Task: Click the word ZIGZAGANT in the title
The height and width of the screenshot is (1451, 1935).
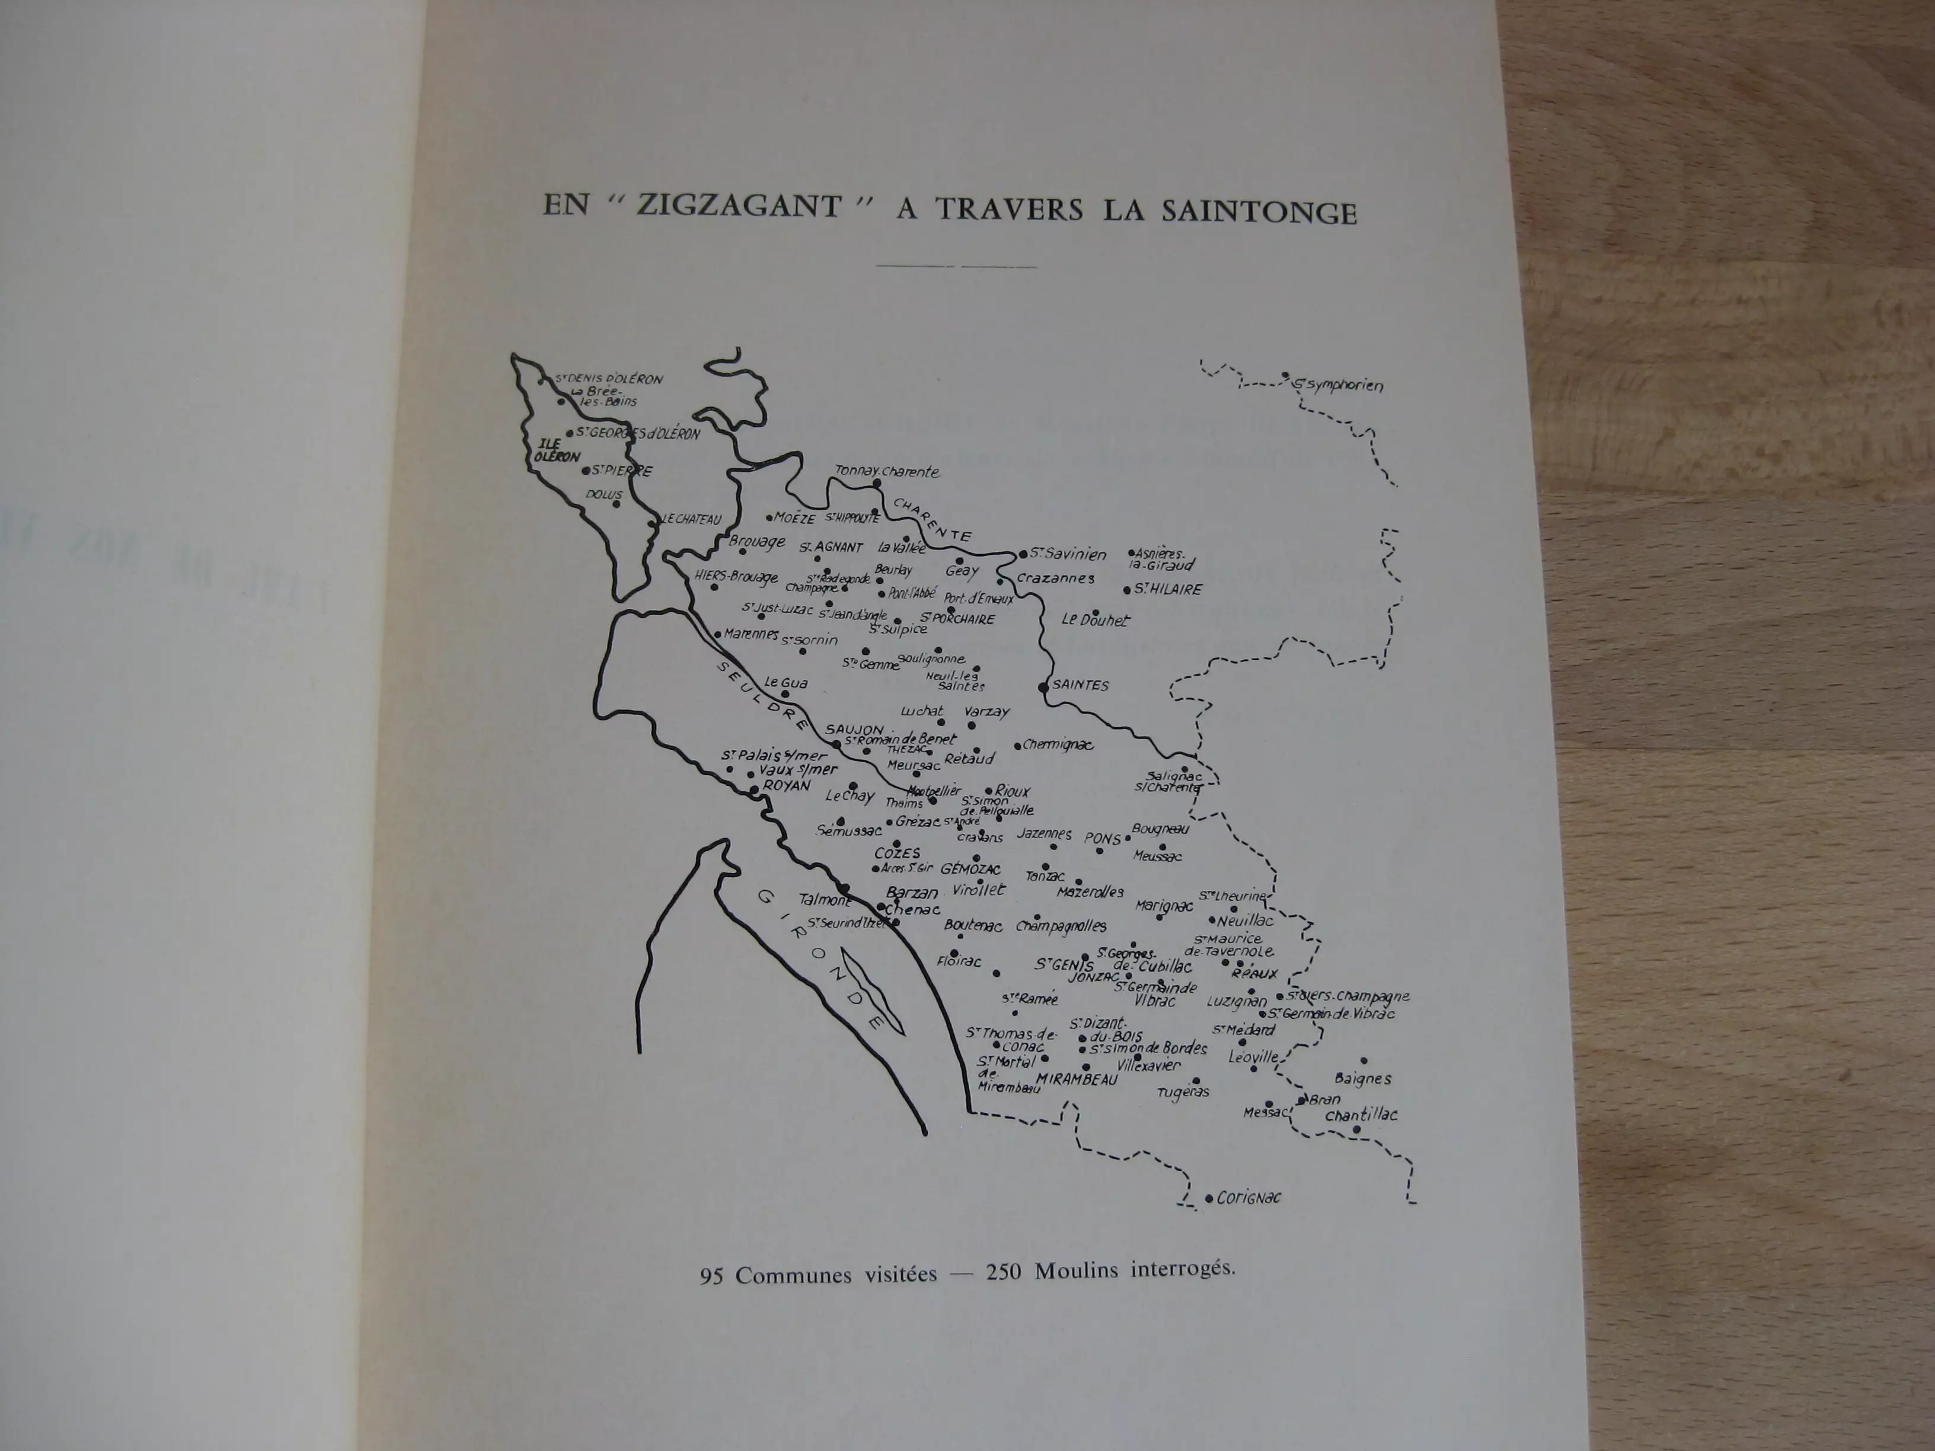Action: coord(740,207)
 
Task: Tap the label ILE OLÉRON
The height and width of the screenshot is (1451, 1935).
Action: coord(555,450)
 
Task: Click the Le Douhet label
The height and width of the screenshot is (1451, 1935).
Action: coord(1095,620)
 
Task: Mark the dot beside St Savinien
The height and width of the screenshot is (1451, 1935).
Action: coord(1021,554)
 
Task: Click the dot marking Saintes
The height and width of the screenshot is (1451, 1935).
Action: coord(1043,688)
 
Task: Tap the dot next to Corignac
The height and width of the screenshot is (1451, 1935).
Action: coord(1209,1198)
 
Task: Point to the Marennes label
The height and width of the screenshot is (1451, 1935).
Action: coord(751,633)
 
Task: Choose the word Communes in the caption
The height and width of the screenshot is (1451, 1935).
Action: coord(793,1274)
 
